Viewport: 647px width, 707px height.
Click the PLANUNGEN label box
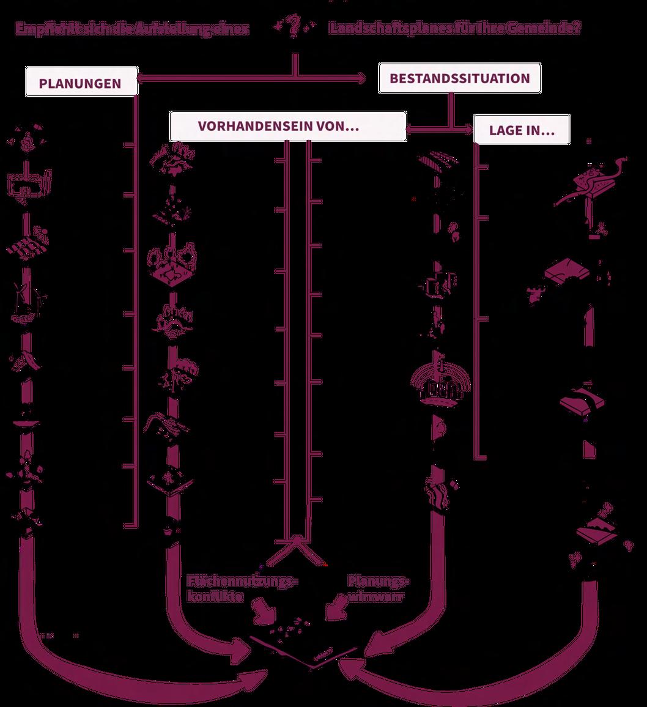(81, 83)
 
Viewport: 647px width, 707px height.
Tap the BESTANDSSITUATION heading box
(459, 78)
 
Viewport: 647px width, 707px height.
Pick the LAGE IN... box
(522, 130)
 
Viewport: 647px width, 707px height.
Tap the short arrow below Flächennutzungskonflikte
(267, 612)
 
